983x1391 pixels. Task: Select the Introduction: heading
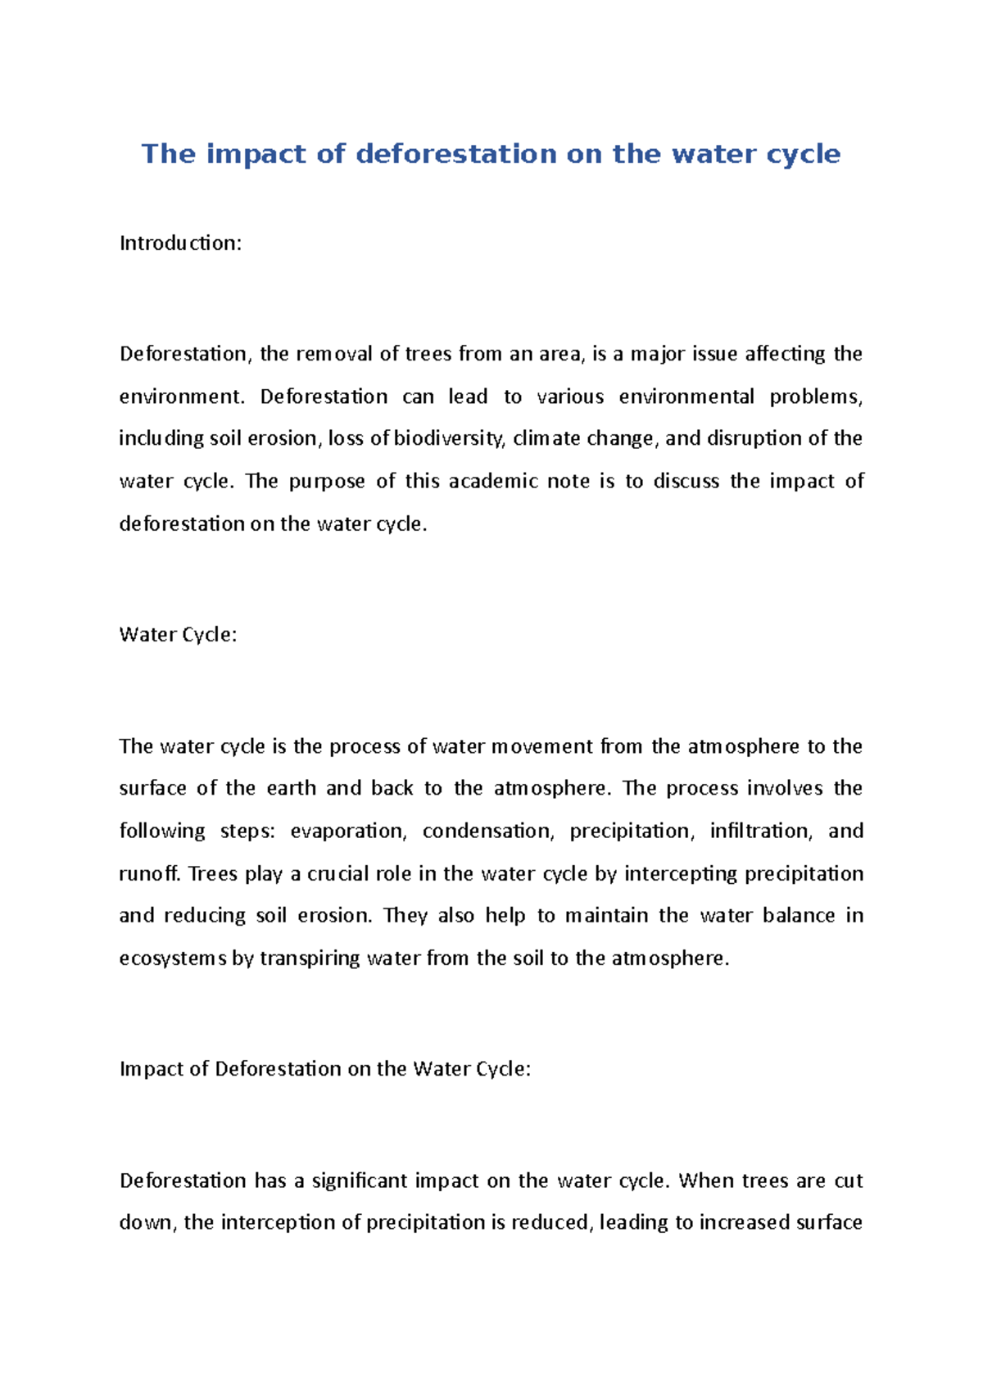(x=180, y=243)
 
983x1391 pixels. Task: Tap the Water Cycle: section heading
(x=178, y=635)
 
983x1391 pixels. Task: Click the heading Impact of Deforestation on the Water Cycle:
(x=325, y=1069)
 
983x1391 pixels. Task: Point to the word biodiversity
(x=449, y=439)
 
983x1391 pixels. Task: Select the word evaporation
(x=347, y=831)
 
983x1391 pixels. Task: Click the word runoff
(x=149, y=874)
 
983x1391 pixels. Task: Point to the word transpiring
(x=310, y=958)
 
